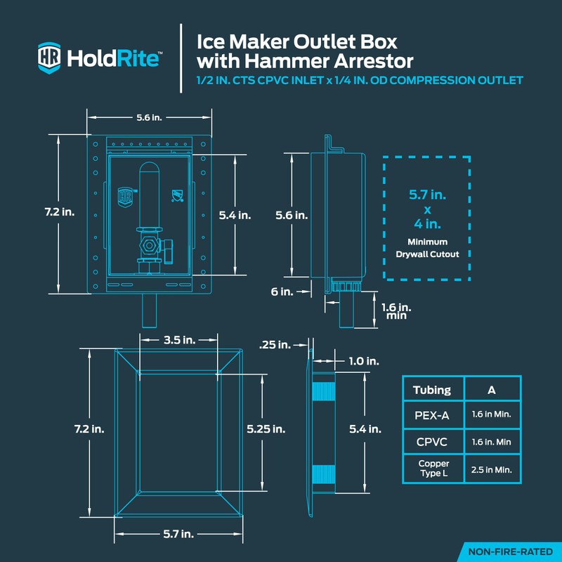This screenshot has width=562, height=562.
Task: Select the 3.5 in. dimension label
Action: [179, 340]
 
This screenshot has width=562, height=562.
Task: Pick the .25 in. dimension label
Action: [274, 344]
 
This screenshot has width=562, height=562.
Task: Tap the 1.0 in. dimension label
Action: [364, 360]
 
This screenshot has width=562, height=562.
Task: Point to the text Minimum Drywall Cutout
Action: [426, 247]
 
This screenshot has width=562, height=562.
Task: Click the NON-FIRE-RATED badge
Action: [510, 551]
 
